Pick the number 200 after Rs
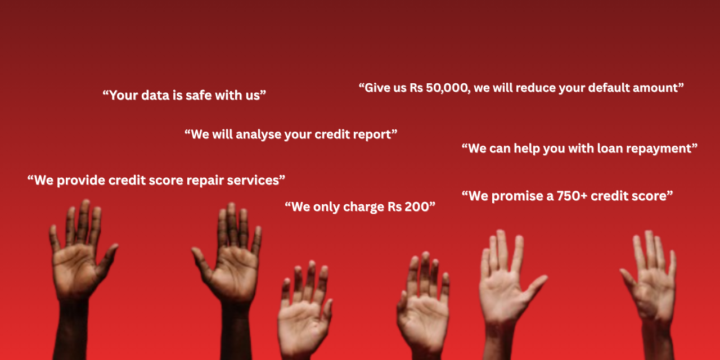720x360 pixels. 417,207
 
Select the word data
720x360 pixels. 156,95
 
